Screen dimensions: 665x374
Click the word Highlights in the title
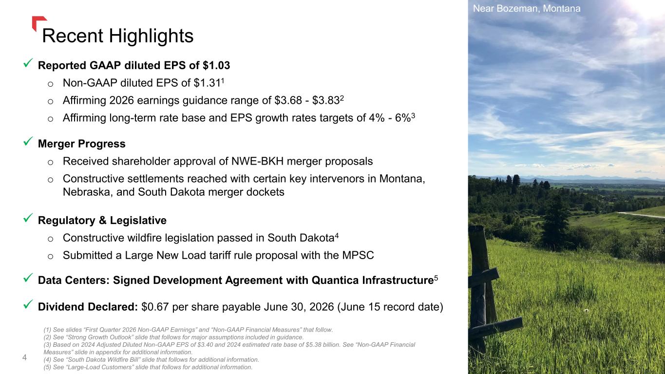click(151, 36)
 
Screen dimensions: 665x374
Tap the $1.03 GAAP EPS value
click(216, 65)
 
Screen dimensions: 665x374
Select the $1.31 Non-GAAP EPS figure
click(207, 83)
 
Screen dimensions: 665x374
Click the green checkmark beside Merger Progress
click(28, 141)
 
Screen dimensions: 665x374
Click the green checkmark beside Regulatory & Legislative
click(28, 218)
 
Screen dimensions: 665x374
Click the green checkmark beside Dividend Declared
click(28, 304)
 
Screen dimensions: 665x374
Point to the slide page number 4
click(25, 357)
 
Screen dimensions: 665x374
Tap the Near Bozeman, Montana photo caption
click(527, 8)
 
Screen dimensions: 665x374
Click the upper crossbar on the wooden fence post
click(484, 278)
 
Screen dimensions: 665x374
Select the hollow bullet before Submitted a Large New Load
click(51, 257)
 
